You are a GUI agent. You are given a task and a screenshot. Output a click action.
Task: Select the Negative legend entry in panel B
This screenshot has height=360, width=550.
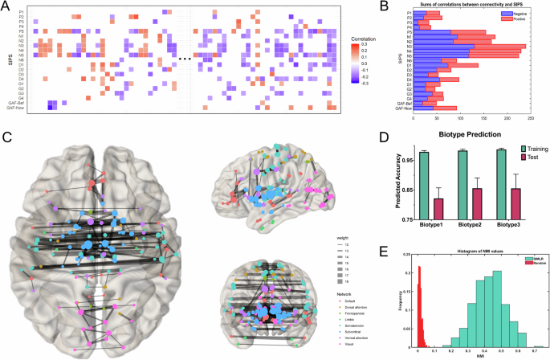click(508, 11)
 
